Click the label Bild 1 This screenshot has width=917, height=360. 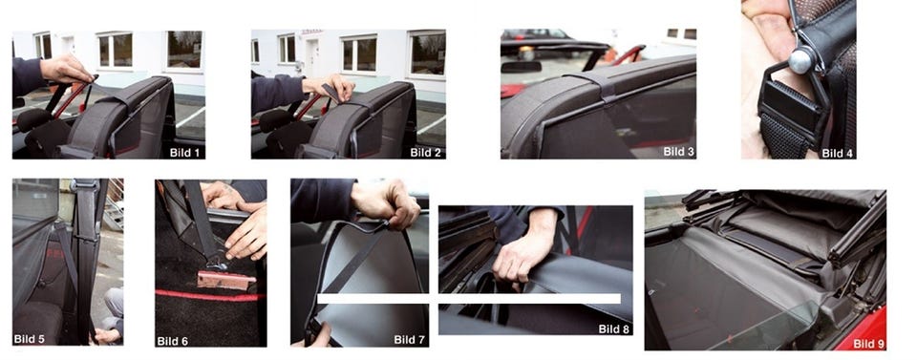pyautogui.click(x=184, y=153)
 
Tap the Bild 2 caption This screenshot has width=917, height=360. pyautogui.click(x=425, y=153)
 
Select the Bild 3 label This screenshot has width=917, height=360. pyautogui.click(x=679, y=152)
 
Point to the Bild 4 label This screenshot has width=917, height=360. pyautogui.click(x=837, y=153)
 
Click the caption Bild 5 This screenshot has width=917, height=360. pyautogui.click(x=30, y=338)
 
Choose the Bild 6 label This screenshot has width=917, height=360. pyautogui.click(x=173, y=341)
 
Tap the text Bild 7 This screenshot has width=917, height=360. pyautogui.click(x=410, y=339)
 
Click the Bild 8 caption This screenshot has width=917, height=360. pyautogui.click(x=614, y=329)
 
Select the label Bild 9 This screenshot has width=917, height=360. pyautogui.click(x=869, y=344)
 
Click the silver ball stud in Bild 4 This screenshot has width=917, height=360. pyautogui.click(x=800, y=58)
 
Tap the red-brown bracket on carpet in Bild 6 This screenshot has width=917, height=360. pyautogui.click(x=225, y=280)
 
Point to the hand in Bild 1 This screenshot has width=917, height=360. pyautogui.click(x=66, y=70)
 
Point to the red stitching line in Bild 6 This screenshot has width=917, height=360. pyautogui.click(x=207, y=294)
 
